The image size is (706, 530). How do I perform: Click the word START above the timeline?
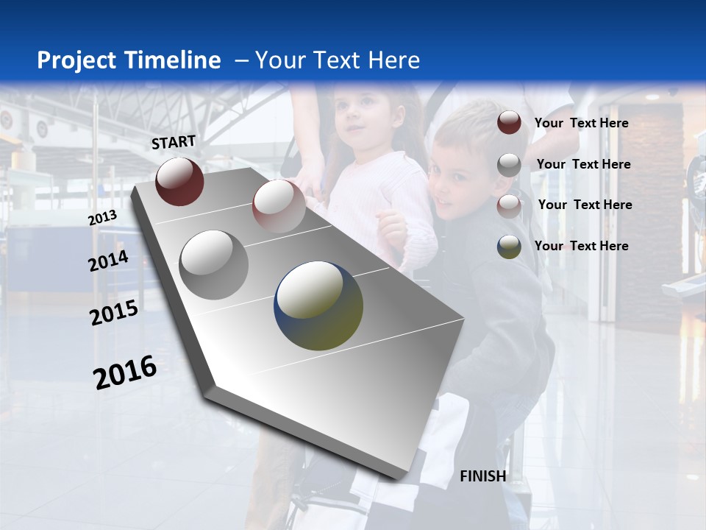174,142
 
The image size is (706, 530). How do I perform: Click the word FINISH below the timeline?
483,476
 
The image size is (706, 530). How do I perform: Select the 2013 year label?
102,218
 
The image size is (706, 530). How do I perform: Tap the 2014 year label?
108,261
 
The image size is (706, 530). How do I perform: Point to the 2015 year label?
113,313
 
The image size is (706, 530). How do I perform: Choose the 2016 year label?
125,372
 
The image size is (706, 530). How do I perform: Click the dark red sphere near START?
179,181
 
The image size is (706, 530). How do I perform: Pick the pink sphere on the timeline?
279,205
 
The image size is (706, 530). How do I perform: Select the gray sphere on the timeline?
213,264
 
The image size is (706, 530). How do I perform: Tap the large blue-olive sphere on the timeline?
318,305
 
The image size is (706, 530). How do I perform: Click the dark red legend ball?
509,123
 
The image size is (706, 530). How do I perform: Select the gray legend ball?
509,165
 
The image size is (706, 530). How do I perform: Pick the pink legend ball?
509,206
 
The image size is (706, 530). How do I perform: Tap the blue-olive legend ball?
509,247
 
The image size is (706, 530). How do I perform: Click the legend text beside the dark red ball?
581,123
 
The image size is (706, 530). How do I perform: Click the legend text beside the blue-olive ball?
581,246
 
